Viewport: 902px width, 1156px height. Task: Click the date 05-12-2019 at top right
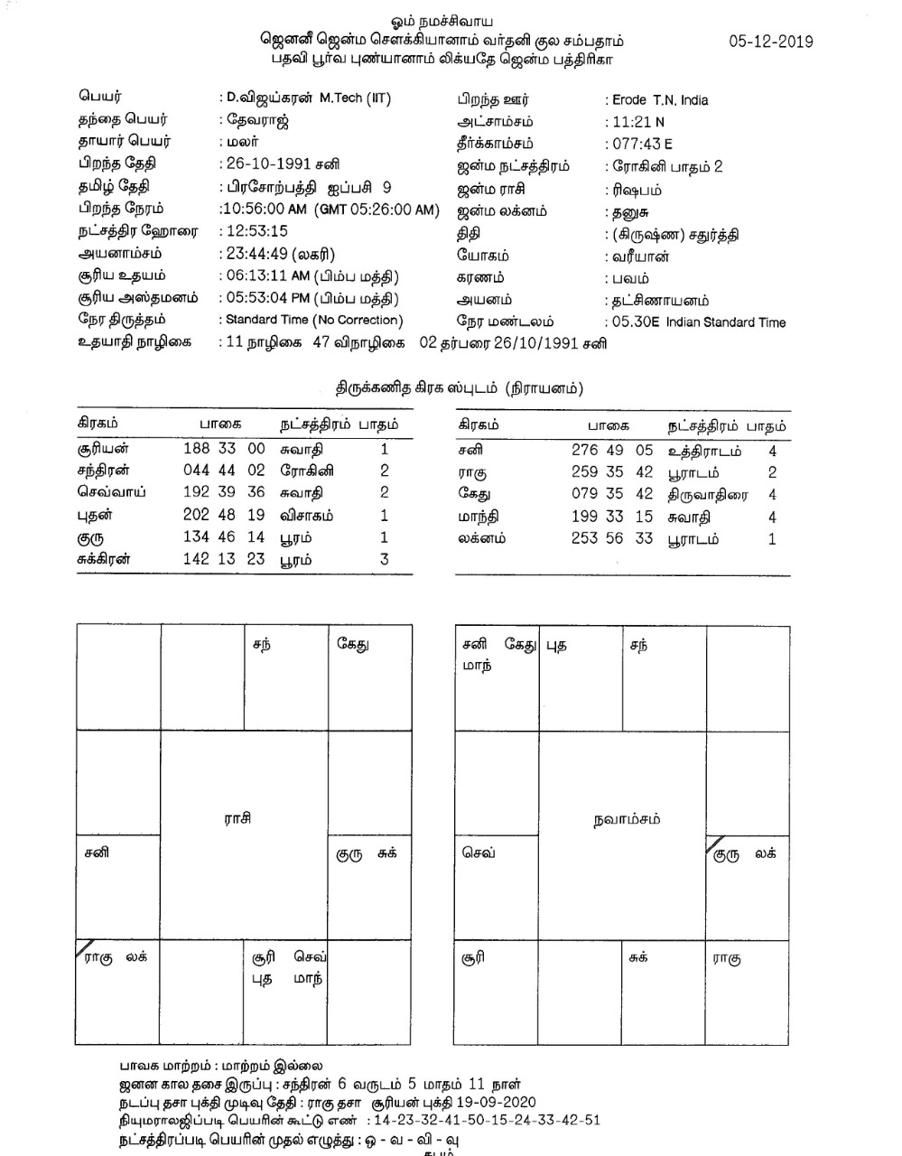[770, 42]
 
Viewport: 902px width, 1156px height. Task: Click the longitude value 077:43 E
[642, 144]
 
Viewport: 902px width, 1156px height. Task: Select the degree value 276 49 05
[611, 451]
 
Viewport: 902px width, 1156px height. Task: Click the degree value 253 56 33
[611, 538]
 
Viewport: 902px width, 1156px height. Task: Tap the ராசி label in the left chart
[237, 818]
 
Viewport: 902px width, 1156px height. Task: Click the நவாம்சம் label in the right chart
[627, 819]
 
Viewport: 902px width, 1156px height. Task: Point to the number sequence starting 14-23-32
[487, 1120]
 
